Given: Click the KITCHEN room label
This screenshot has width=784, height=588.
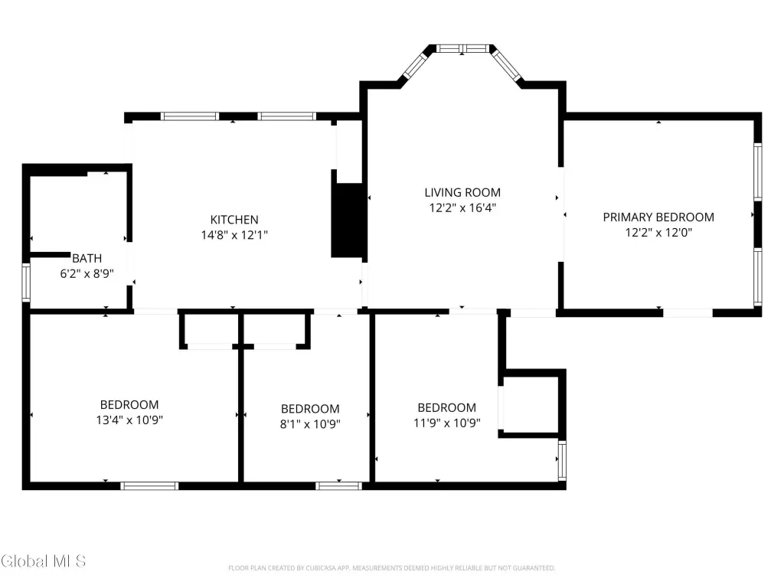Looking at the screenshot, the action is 234,220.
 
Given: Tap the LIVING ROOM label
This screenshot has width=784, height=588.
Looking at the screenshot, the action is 462,192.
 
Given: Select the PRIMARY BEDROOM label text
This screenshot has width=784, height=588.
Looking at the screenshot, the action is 658,217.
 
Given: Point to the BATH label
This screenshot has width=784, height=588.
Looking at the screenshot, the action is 87,259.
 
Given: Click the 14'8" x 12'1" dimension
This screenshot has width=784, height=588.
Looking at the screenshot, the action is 234,235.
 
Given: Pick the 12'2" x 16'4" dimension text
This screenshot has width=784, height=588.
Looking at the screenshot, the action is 462,208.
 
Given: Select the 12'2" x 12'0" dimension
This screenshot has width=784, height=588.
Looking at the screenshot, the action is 658,233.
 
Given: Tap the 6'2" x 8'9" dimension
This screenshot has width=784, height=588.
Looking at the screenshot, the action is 87,274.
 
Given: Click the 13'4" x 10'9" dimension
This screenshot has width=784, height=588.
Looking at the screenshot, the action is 129,420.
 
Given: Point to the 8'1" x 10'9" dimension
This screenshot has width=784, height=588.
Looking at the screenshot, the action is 310,424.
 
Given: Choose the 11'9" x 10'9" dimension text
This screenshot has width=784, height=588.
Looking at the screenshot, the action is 447,423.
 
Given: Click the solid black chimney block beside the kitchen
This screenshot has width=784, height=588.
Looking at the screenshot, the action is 348,220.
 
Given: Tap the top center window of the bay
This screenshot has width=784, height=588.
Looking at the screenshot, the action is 462,48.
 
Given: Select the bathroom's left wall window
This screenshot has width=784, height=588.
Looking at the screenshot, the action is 26,283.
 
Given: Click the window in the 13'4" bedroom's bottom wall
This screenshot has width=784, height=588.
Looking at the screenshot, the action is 149,485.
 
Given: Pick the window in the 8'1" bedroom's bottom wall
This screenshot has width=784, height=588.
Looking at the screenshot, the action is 339,485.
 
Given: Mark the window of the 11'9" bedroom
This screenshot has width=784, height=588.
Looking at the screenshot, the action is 562,461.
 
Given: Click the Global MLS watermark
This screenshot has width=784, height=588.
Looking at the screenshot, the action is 44,561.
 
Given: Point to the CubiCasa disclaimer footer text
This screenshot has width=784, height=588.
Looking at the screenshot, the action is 391,568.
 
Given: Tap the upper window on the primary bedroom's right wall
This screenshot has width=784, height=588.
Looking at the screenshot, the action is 758,172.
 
